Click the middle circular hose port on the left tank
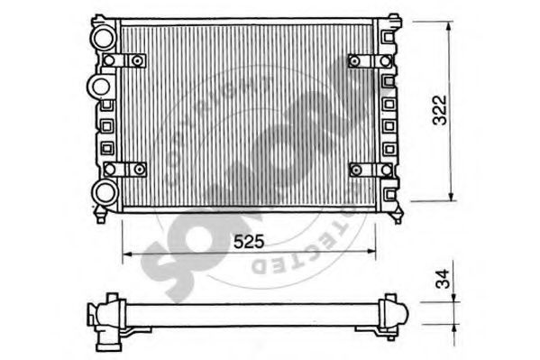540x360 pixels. [x=99, y=87]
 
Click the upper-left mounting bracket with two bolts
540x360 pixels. [x=125, y=60]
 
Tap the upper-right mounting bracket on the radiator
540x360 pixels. [x=368, y=60]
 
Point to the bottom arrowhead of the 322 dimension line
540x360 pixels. [x=449, y=198]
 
